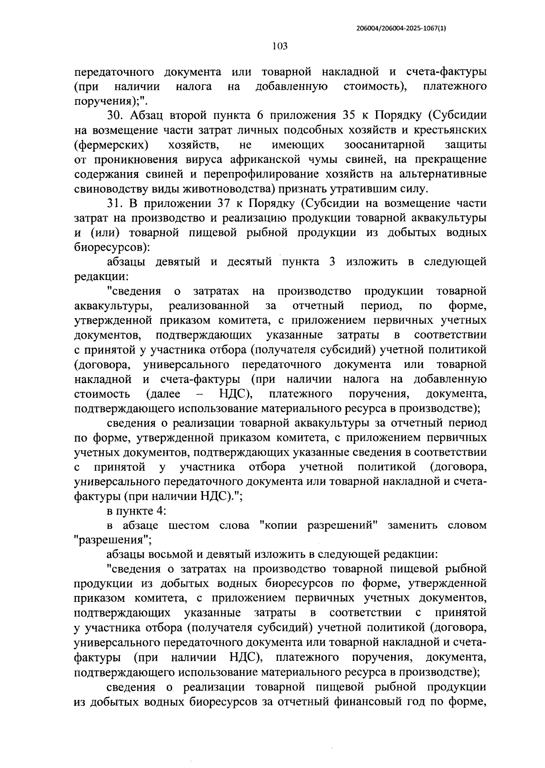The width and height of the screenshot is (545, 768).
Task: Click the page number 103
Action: point(280,46)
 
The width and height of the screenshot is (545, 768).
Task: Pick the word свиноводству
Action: point(105,188)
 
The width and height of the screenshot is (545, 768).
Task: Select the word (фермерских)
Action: point(111,145)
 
